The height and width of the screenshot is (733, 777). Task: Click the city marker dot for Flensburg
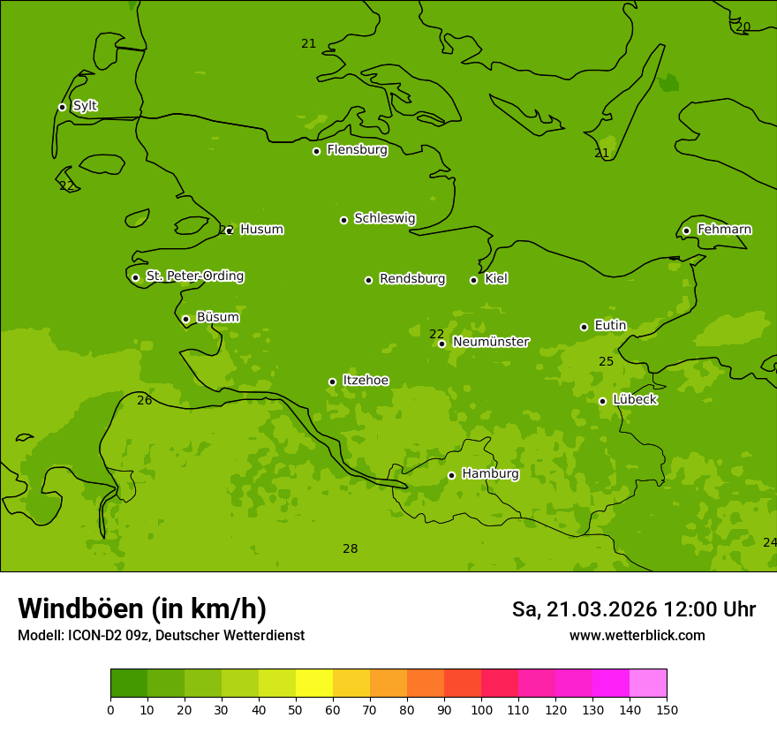[x=316, y=151]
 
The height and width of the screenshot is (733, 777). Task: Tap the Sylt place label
[x=85, y=106]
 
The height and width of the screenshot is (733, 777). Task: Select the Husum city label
[x=261, y=230]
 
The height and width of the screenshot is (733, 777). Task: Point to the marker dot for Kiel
[x=473, y=280]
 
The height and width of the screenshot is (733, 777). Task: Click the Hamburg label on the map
[x=490, y=474]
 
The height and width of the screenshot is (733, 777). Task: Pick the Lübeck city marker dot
[x=602, y=401]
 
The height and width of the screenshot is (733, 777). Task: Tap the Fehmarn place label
[x=724, y=230]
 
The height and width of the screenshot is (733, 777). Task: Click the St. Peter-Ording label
[x=194, y=276]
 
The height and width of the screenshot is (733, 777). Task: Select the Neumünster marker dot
[x=441, y=344]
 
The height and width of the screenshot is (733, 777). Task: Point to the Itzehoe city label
[x=366, y=381]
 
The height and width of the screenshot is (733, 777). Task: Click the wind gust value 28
[x=351, y=549]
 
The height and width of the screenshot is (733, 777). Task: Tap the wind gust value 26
[x=145, y=401]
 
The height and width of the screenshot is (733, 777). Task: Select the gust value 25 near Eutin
[x=606, y=362]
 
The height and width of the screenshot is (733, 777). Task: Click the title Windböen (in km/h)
[x=142, y=608]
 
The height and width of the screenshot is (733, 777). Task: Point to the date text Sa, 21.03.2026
[x=584, y=609]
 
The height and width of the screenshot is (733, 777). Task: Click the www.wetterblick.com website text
[x=637, y=635]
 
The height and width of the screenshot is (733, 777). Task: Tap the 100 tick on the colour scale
[x=481, y=709]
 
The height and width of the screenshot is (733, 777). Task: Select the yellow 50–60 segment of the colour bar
[x=314, y=684]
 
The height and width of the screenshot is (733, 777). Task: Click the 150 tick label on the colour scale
[x=666, y=709]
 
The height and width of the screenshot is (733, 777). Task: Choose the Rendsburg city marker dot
[x=368, y=280]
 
